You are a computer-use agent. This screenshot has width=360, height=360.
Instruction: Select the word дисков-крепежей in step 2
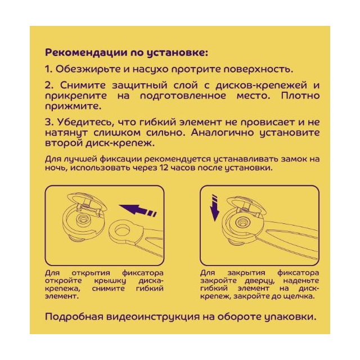(261, 85)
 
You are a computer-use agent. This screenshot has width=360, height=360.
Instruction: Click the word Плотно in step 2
(300, 96)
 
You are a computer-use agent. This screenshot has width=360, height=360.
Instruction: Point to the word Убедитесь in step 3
(85, 122)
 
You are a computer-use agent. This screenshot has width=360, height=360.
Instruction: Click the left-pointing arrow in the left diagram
(138, 210)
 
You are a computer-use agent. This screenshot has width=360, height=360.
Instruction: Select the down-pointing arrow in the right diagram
(215, 208)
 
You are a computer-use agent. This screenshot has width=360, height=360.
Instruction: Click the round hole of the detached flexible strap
(122, 230)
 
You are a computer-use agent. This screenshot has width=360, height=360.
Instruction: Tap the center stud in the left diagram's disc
(83, 220)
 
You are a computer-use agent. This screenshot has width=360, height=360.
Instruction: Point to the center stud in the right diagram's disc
(241, 222)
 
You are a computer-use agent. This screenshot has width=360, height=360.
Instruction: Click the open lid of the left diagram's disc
(87, 201)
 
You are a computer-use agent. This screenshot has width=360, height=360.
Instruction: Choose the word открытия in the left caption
(91, 273)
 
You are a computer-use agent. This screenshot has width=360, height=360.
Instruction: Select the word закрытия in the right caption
(246, 273)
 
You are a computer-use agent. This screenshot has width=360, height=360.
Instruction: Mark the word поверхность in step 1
(259, 69)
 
